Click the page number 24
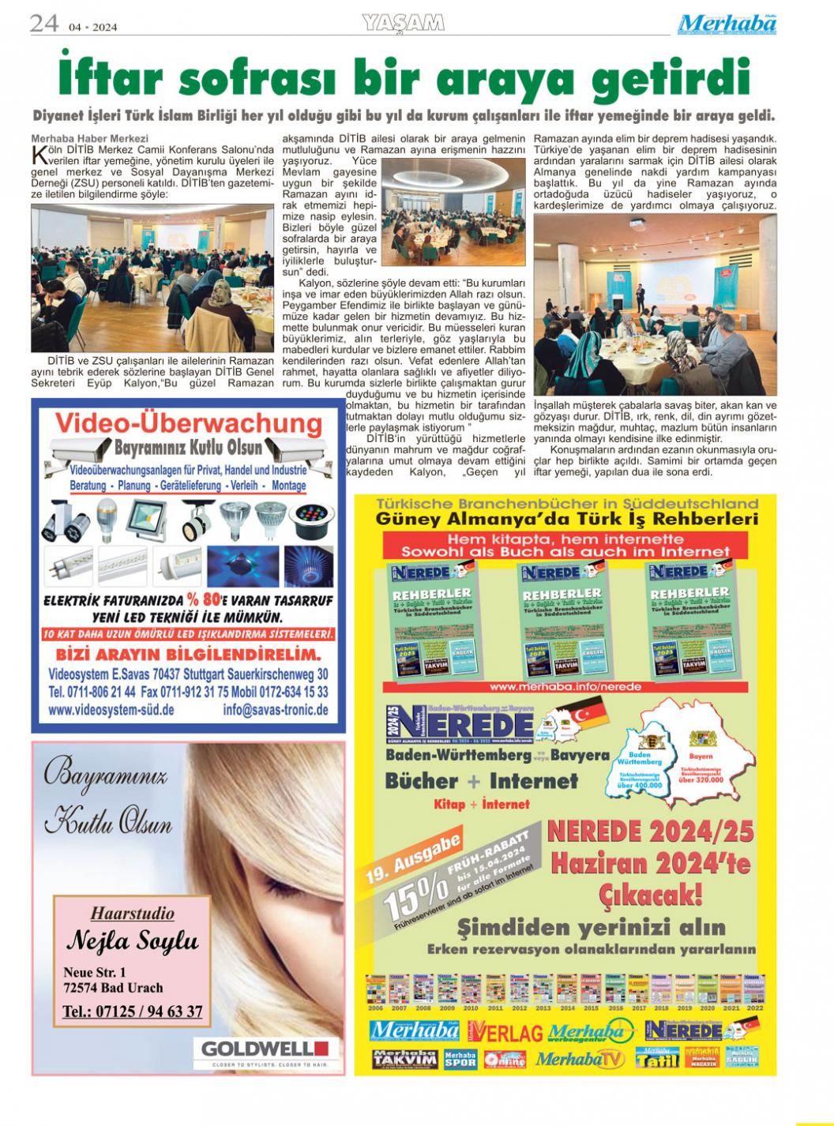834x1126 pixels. pos(44,24)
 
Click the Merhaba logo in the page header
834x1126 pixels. pos(727,24)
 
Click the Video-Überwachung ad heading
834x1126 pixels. pos(188,424)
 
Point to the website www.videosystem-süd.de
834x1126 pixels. pos(111,710)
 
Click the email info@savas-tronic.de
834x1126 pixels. pos(276,710)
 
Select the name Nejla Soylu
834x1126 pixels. pos(132,940)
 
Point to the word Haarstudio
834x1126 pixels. pos(132,914)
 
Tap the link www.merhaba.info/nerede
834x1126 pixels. pos(565,687)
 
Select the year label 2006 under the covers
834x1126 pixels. pos(376,1008)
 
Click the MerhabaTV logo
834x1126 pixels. pos(580,1059)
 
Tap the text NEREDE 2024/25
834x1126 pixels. pos(650,831)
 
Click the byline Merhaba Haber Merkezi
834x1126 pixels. pos(79,138)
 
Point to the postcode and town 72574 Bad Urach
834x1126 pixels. pos(113,988)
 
